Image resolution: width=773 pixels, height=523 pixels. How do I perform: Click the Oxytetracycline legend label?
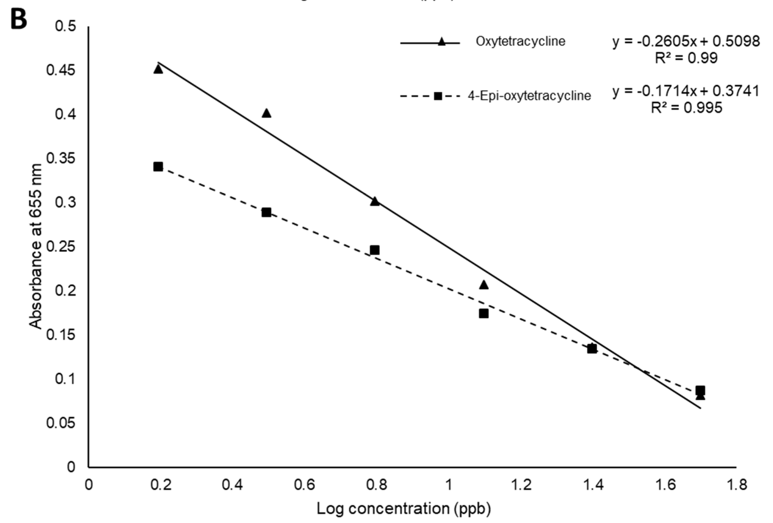point(520,41)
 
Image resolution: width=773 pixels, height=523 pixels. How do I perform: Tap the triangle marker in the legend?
point(442,42)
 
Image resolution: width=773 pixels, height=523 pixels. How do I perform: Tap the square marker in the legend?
point(438,96)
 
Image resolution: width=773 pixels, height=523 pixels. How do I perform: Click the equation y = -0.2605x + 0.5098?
point(686,41)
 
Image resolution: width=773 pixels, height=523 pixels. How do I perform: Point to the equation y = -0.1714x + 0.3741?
point(686,91)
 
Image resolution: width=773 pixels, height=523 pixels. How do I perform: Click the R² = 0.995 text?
point(687,107)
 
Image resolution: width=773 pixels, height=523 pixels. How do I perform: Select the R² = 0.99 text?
point(686,58)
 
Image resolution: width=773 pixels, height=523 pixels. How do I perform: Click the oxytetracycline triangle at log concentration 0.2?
point(158,69)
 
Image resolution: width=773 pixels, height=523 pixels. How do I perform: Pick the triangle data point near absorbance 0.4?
point(266,113)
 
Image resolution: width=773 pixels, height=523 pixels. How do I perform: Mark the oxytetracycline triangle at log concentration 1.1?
point(484,285)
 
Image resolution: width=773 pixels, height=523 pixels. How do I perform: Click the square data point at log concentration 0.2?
point(158,167)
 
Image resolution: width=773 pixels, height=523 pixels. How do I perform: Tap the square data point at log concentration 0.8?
point(375,250)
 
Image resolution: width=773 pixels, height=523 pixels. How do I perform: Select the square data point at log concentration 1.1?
point(484,313)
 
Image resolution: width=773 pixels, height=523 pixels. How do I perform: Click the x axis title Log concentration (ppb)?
point(403,509)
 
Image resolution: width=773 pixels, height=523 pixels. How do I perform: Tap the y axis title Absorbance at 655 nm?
point(36,246)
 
